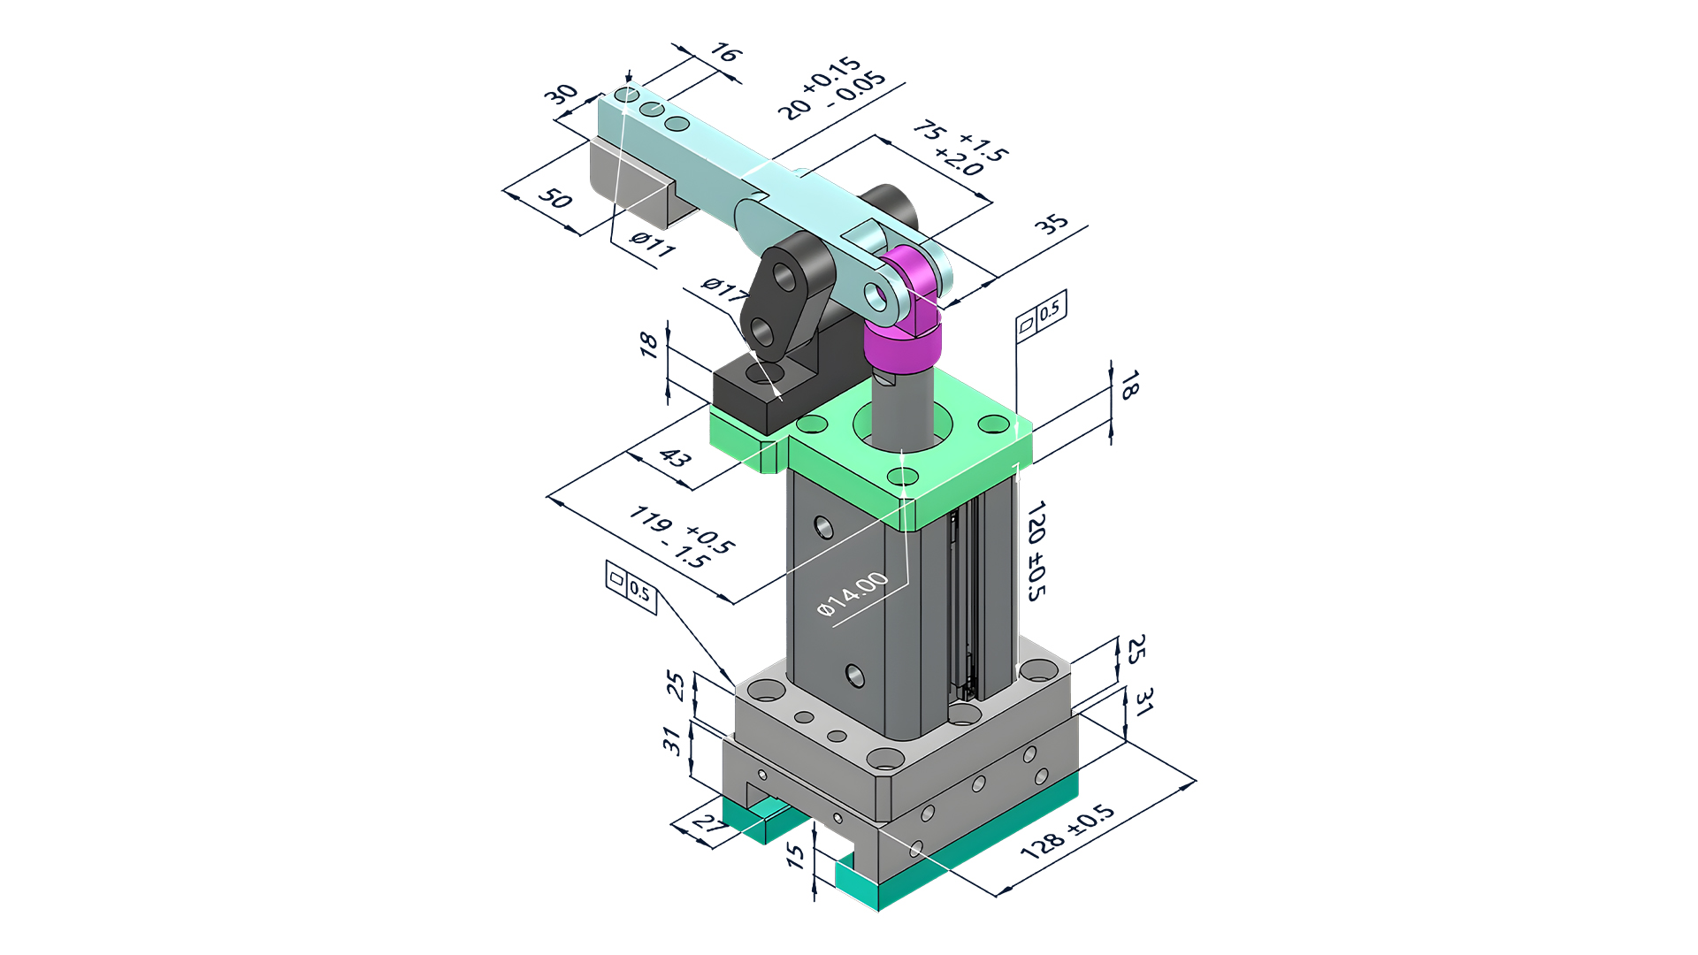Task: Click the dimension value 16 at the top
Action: (724, 54)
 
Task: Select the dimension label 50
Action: (555, 197)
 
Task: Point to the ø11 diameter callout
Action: (653, 242)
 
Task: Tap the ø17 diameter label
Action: (723, 289)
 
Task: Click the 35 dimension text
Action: (1052, 223)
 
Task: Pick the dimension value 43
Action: (675, 457)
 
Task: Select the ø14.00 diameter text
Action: (852, 593)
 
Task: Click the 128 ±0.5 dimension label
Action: (1067, 831)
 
